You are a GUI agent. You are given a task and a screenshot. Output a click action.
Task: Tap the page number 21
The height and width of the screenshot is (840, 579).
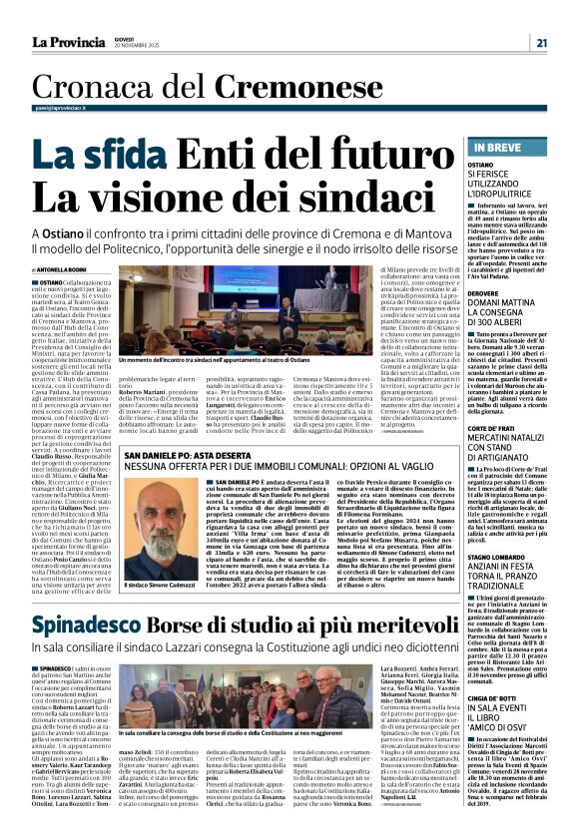[540, 42]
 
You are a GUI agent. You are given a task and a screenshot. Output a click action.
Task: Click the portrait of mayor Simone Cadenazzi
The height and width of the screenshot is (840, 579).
[158, 507]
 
